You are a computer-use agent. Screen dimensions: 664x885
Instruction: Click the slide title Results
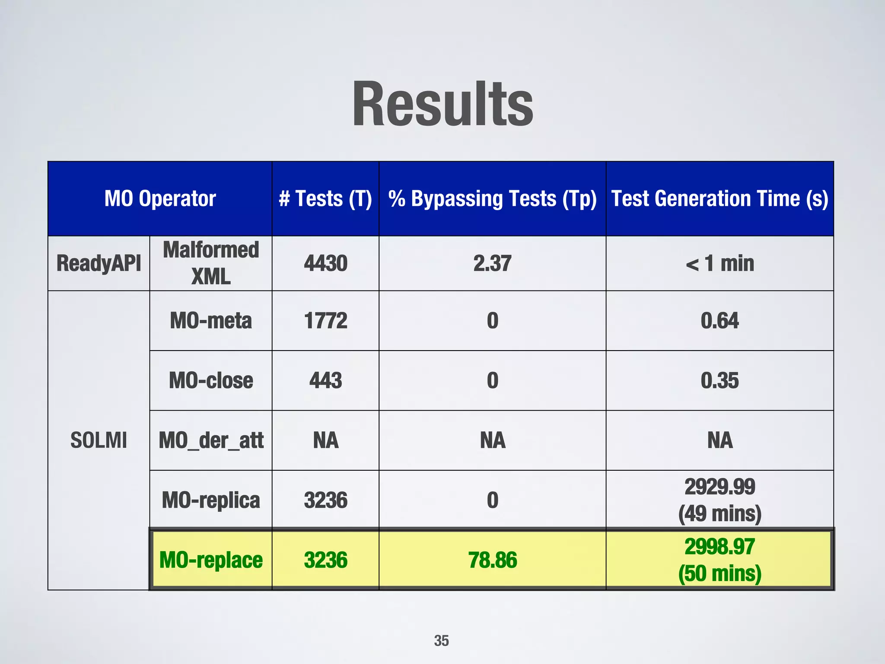pyautogui.click(x=442, y=105)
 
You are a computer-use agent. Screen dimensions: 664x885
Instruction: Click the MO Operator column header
pyautogui.click(x=160, y=199)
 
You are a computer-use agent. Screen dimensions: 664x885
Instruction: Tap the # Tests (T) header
pyautogui.click(x=325, y=199)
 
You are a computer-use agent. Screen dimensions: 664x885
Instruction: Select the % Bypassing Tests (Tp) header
pyautogui.click(x=492, y=199)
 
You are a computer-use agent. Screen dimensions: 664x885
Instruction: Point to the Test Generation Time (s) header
pyautogui.click(x=719, y=199)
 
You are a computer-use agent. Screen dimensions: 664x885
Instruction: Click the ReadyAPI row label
pyautogui.click(x=99, y=263)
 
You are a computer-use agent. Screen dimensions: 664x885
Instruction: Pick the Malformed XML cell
pyautogui.click(x=211, y=263)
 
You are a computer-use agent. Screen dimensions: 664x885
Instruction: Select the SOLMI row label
pyautogui.click(x=99, y=440)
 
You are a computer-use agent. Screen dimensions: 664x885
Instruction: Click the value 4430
pyautogui.click(x=325, y=263)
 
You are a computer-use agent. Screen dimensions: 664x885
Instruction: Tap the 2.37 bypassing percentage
pyautogui.click(x=492, y=263)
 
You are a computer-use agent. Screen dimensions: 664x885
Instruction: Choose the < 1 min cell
pyautogui.click(x=719, y=263)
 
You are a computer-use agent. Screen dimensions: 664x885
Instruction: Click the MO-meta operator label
pyautogui.click(x=211, y=321)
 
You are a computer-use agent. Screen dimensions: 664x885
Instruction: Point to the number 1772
pyautogui.click(x=325, y=321)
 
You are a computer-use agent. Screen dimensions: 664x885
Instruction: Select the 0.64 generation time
pyautogui.click(x=719, y=321)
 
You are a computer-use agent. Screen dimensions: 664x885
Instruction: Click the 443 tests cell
pyautogui.click(x=325, y=380)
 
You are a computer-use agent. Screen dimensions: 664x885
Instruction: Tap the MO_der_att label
pyautogui.click(x=211, y=440)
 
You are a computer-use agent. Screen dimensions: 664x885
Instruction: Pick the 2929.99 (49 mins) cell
pyautogui.click(x=719, y=500)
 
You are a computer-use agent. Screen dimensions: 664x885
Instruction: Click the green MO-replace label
pyautogui.click(x=211, y=560)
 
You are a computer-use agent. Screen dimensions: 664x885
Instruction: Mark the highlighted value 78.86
pyautogui.click(x=492, y=560)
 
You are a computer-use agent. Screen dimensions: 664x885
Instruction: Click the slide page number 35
pyautogui.click(x=441, y=640)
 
